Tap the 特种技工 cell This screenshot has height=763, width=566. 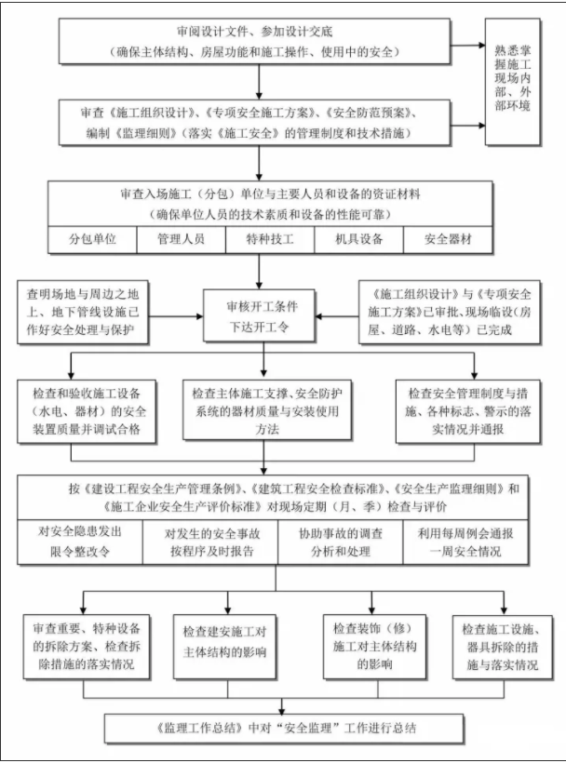point(270,239)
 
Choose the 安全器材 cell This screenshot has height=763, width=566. point(449,239)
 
